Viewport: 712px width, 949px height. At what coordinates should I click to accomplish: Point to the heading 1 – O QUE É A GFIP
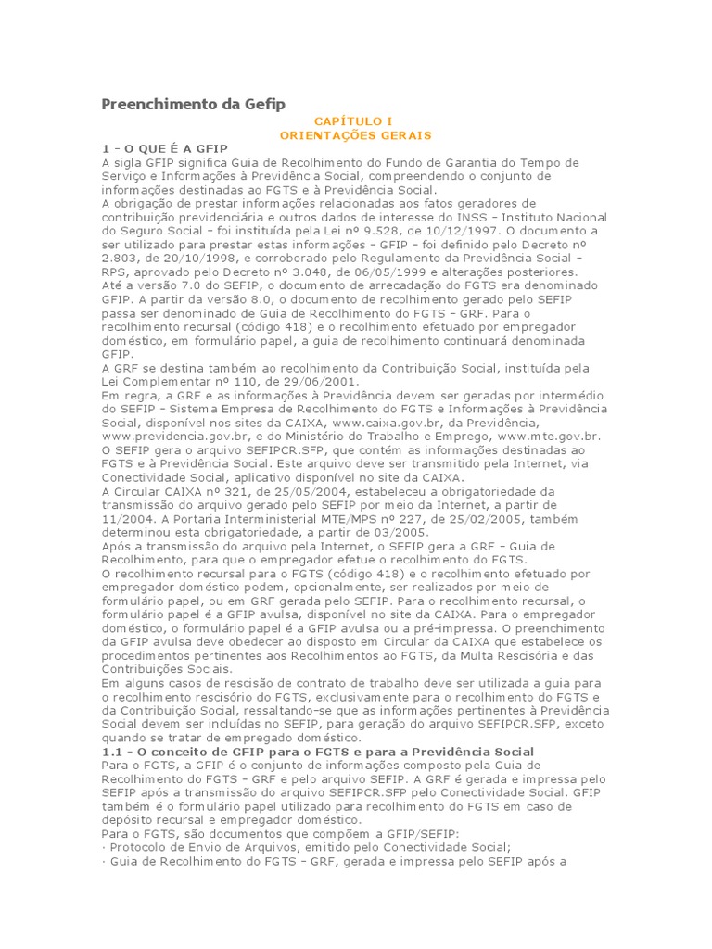tap(164, 148)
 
